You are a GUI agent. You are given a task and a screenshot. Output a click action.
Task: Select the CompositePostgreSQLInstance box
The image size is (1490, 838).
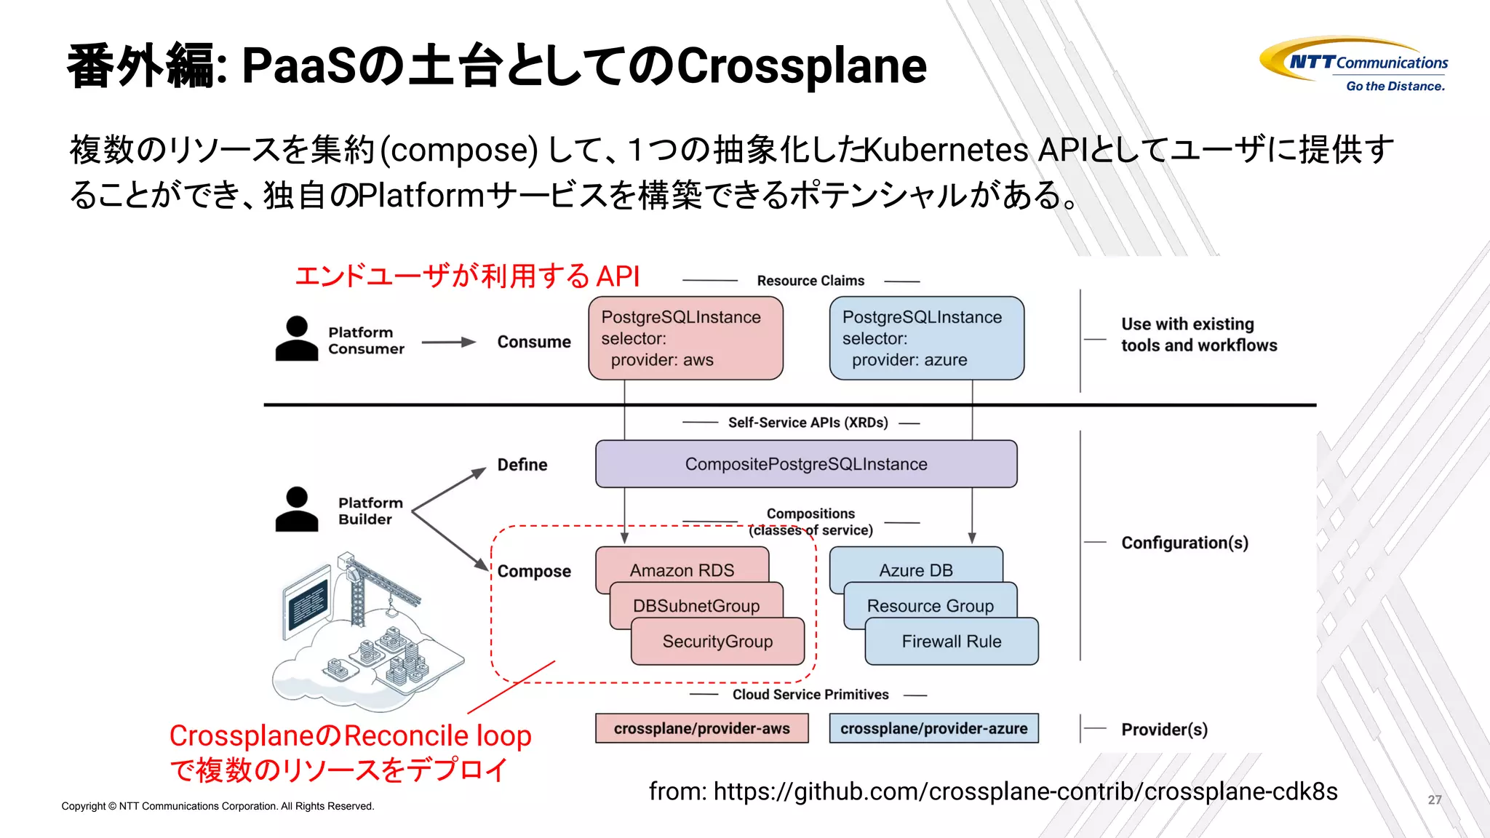806,464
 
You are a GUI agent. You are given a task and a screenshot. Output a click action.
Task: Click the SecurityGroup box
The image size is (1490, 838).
717,641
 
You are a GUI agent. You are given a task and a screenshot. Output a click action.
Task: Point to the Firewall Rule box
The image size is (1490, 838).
951,641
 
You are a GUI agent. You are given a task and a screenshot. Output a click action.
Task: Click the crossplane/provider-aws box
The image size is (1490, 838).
701,728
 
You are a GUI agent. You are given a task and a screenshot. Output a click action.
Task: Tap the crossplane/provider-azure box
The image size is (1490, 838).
933,728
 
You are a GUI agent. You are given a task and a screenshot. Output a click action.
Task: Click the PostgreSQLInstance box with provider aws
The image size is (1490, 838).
685,338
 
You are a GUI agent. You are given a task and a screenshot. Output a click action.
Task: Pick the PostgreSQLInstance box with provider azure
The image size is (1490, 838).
926,338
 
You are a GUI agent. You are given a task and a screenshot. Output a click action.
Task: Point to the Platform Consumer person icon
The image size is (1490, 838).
297,339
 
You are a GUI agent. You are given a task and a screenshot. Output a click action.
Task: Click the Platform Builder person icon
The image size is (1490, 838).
297,509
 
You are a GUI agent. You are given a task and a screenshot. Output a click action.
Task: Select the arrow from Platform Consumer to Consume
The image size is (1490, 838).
448,342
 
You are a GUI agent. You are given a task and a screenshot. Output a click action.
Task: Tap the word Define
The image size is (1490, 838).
522,465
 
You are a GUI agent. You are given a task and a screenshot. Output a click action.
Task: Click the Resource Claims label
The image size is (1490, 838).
810,281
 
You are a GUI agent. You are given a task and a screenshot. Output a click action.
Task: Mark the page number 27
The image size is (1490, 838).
1434,799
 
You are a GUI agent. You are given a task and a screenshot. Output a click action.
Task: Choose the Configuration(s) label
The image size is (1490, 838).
1184,543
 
